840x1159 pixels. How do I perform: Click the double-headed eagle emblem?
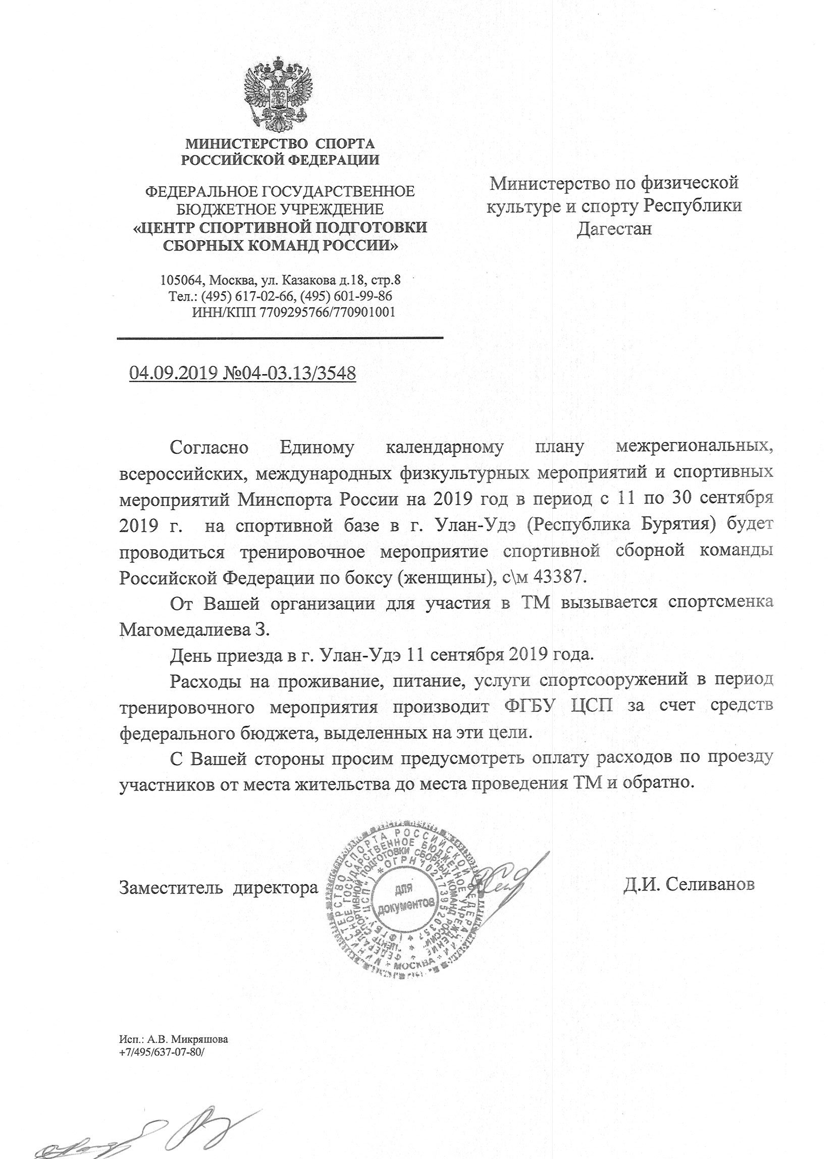point(279,97)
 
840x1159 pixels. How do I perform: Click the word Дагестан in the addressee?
point(614,229)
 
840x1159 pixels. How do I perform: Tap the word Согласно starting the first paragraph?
point(209,448)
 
